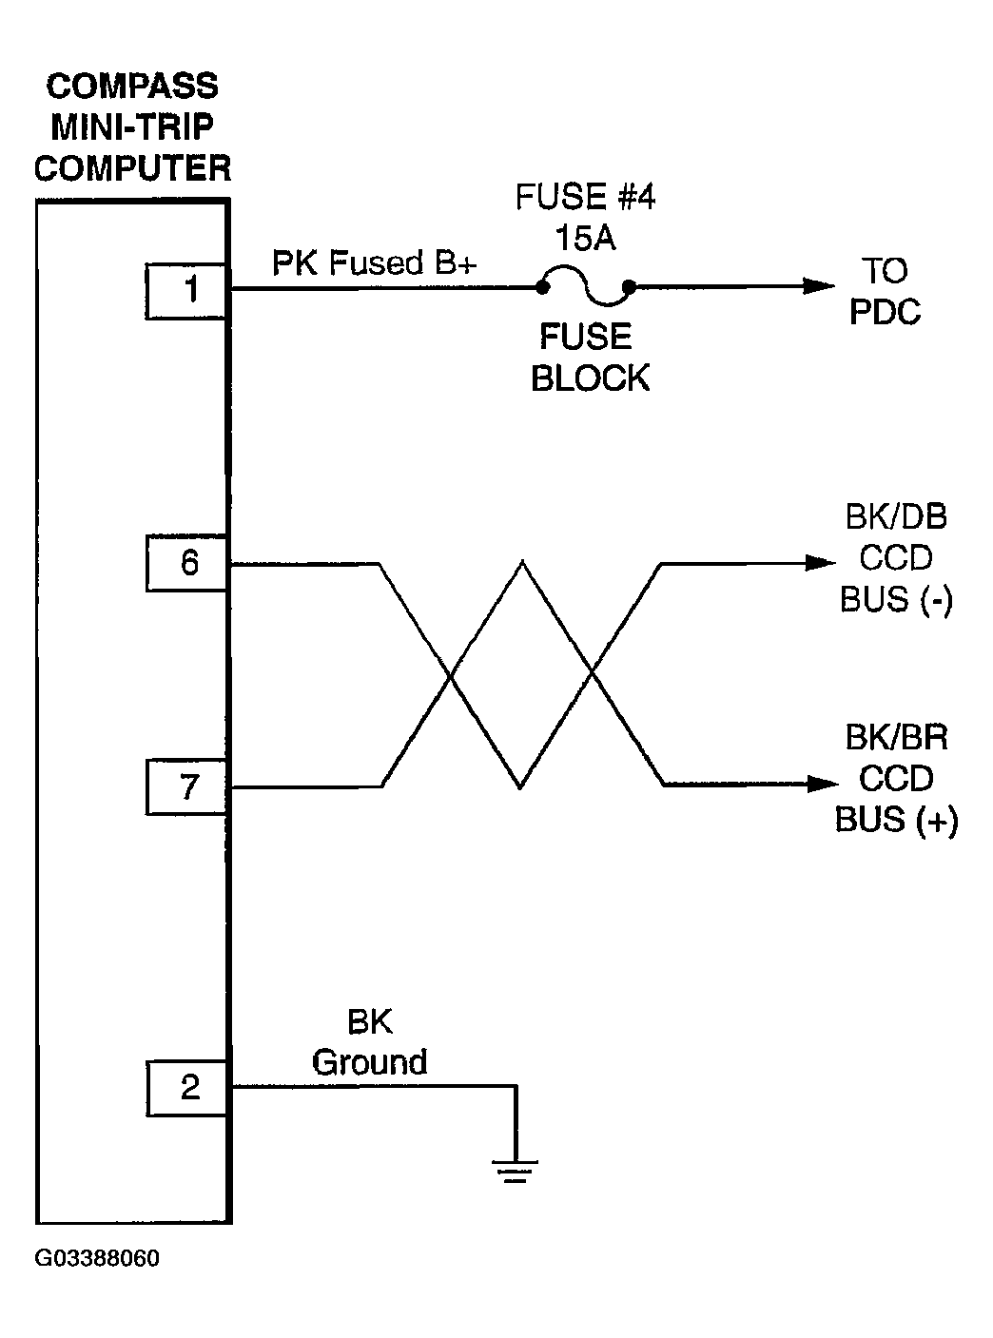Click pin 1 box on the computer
point(187,291)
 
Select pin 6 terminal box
point(187,564)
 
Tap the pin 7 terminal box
point(187,787)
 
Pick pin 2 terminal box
point(187,1088)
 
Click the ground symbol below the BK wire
point(516,1169)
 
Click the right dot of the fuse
point(629,285)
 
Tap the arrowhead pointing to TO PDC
point(819,285)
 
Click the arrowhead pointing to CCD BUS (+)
point(820,785)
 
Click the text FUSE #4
point(585,198)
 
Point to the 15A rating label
point(585,238)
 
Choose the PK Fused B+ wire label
point(374,262)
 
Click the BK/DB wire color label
point(895,517)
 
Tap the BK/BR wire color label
point(895,737)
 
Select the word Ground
point(370,1062)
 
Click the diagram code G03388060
point(97,1259)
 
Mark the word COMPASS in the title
point(132,87)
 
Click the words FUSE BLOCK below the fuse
point(589,358)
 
